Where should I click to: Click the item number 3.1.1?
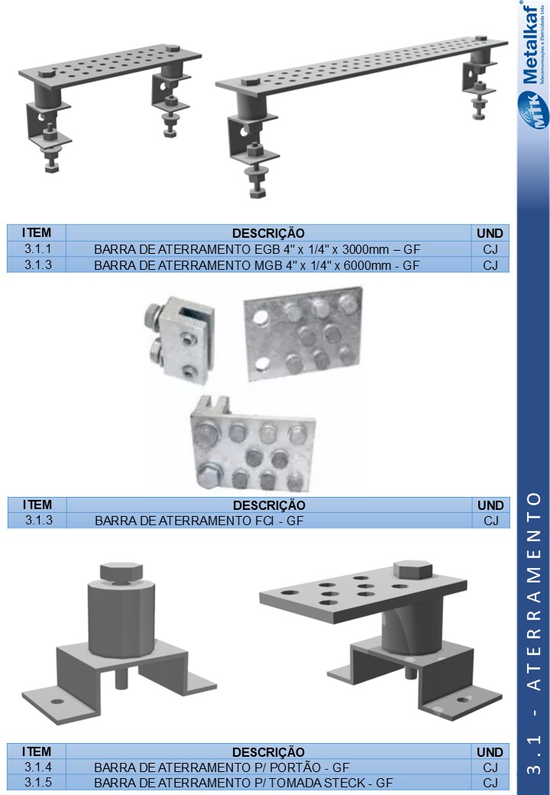(37, 249)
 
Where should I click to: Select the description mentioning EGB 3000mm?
(257, 249)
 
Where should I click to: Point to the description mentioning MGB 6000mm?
(257, 265)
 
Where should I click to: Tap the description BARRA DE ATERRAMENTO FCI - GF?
(199, 521)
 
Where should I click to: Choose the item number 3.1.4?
(38, 767)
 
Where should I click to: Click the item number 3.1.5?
(38, 782)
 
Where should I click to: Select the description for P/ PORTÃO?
(222, 767)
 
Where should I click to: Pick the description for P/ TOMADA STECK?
(243, 783)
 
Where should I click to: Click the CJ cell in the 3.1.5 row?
(490, 783)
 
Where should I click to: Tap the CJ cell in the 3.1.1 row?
(490, 249)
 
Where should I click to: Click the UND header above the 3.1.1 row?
(490, 233)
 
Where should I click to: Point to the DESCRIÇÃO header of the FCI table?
(269, 505)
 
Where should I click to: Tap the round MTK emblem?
(533, 109)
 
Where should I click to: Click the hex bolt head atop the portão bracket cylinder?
(121, 572)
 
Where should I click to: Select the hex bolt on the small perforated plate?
(412, 570)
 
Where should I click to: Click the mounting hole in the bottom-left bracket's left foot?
(57, 702)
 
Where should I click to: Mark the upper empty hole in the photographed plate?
(260, 317)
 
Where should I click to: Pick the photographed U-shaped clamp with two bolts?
(178, 339)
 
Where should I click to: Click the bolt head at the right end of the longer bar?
(480, 38)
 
